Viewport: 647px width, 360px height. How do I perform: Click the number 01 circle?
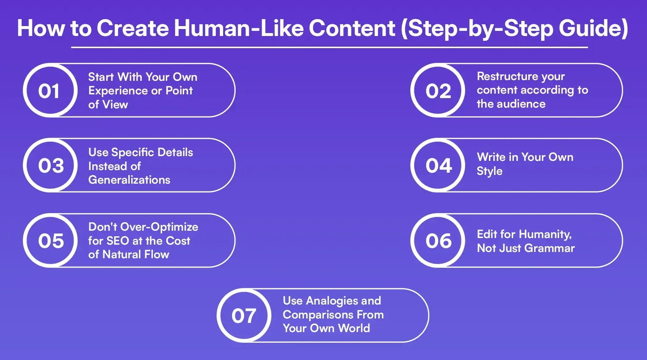click(x=50, y=90)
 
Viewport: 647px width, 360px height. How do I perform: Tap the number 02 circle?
click(x=438, y=90)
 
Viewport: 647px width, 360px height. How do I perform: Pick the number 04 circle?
click(x=438, y=165)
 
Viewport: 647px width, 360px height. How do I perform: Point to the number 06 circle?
click(x=438, y=241)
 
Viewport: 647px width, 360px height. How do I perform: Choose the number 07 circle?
click(x=244, y=316)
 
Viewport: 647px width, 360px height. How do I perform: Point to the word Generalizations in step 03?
click(x=129, y=180)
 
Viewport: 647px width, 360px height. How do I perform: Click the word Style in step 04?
click(x=489, y=171)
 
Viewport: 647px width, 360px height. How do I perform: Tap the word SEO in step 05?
click(x=118, y=241)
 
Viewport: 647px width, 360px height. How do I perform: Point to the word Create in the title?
click(x=132, y=28)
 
